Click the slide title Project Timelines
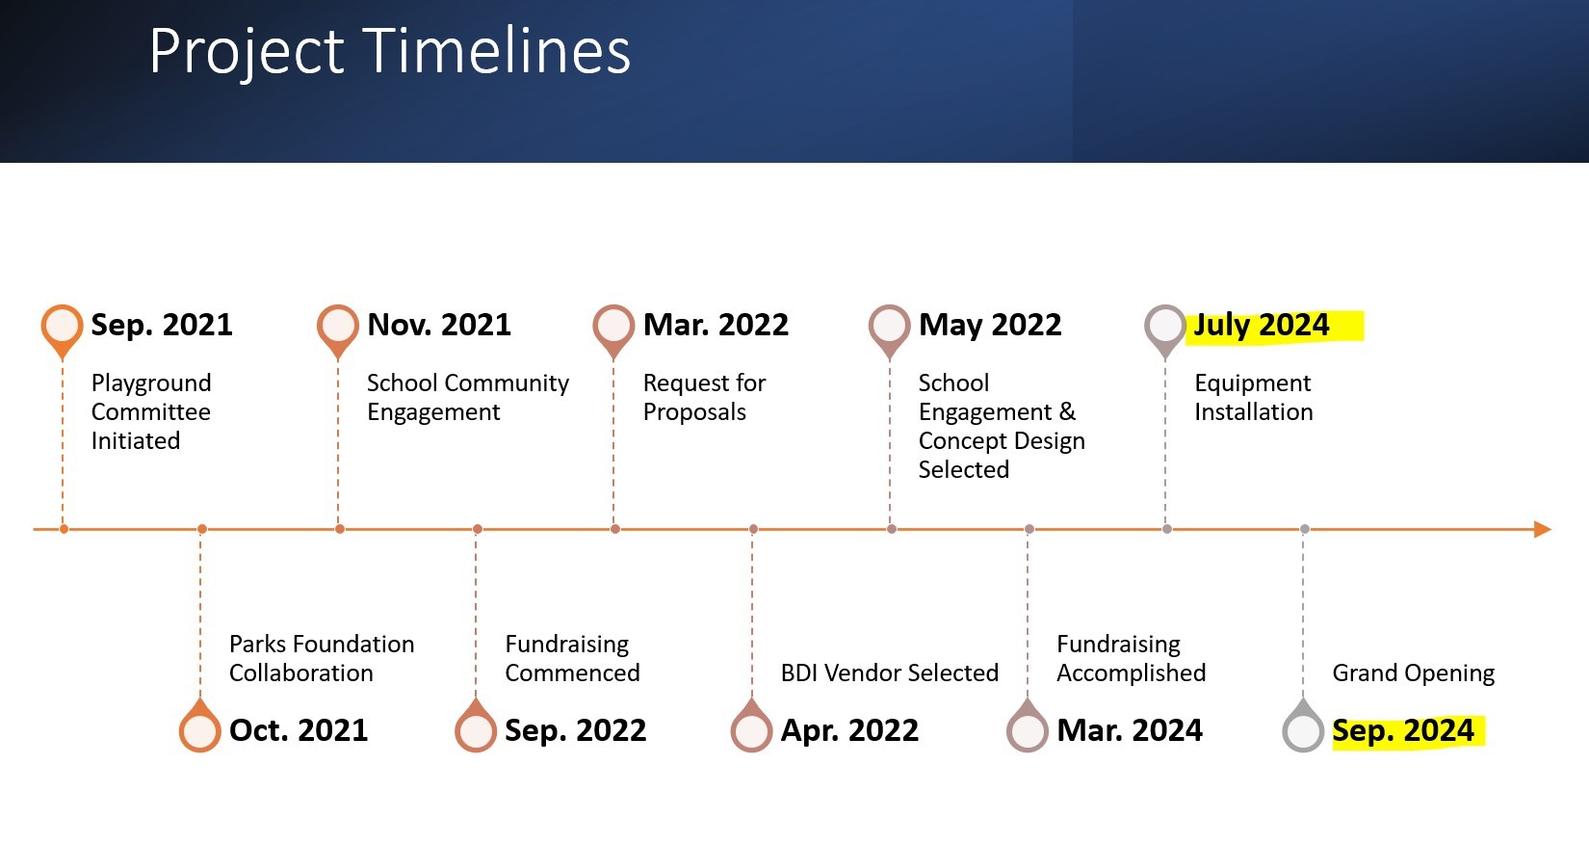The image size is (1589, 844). coord(390,51)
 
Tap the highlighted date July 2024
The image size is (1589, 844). coord(1262,326)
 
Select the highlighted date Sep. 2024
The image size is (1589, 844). coord(1403,731)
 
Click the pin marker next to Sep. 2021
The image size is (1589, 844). coord(63,327)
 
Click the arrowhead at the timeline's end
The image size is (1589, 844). coord(1541,529)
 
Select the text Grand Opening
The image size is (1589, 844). coord(1413,673)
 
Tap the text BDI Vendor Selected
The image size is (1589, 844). coord(889,673)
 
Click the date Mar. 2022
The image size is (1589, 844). coord(716,326)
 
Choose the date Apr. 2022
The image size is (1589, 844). coord(849,731)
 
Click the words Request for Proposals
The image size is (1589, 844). coord(704,397)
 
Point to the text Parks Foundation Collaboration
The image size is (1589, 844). coord(322,658)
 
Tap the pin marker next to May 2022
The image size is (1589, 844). coord(889,327)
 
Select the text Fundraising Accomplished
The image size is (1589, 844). coord(1131,658)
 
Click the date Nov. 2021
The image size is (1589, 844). coord(439,326)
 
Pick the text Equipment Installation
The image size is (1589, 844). coord(1253,397)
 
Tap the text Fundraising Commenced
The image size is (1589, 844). coord(572,658)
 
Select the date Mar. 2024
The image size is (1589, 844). coord(1130,731)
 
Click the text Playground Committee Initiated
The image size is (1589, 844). coord(151,411)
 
